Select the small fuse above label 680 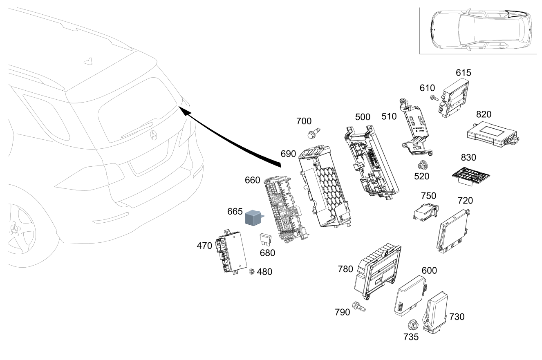pyautogui.click(x=265, y=240)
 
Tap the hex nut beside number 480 pyautogui.click(x=252, y=271)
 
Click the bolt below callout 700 pyautogui.click(x=314, y=133)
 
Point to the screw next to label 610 pyautogui.click(x=434, y=98)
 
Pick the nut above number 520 pyautogui.click(x=423, y=165)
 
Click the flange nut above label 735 pyautogui.click(x=413, y=325)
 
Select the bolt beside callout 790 pyautogui.click(x=358, y=306)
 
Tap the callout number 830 pyautogui.click(x=468, y=157)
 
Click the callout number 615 pyautogui.click(x=464, y=73)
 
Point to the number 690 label pyautogui.click(x=288, y=154)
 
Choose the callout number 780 pyautogui.click(x=345, y=269)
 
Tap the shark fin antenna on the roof pyautogui.click(x=89, y=62)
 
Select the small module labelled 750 pyautogui.click(x=426, y=212)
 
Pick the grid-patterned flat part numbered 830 pyautogui.click(x=470, y=176)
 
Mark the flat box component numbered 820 pyautogui.click(x=493, y=134)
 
